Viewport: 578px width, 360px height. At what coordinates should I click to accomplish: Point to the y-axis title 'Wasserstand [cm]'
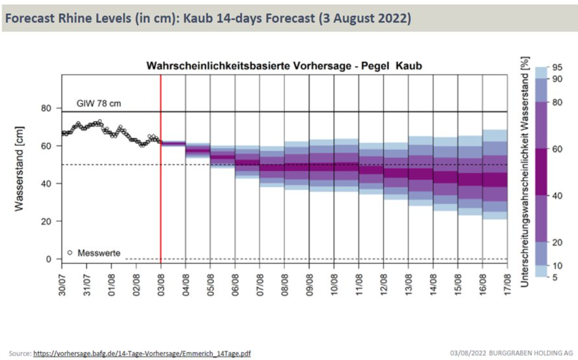point(19,168)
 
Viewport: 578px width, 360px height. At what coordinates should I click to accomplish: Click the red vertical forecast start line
point(161,193)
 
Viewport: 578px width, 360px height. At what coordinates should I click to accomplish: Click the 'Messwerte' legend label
point(99,253)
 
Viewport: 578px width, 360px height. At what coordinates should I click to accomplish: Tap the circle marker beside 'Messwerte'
point(70,253)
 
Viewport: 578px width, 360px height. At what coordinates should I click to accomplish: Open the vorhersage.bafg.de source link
point(142,353)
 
